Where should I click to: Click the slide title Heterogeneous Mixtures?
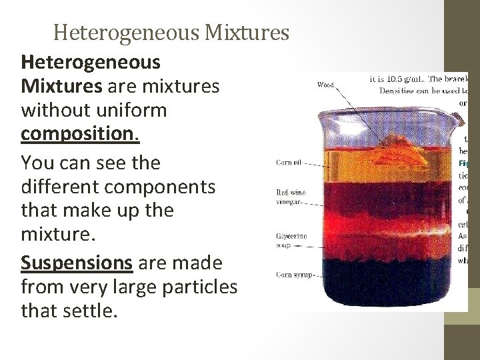point(171,31)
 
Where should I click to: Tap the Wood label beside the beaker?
point(325,85)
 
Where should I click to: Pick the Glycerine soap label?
point(292,240)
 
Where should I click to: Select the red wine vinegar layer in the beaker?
point(387,197)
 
